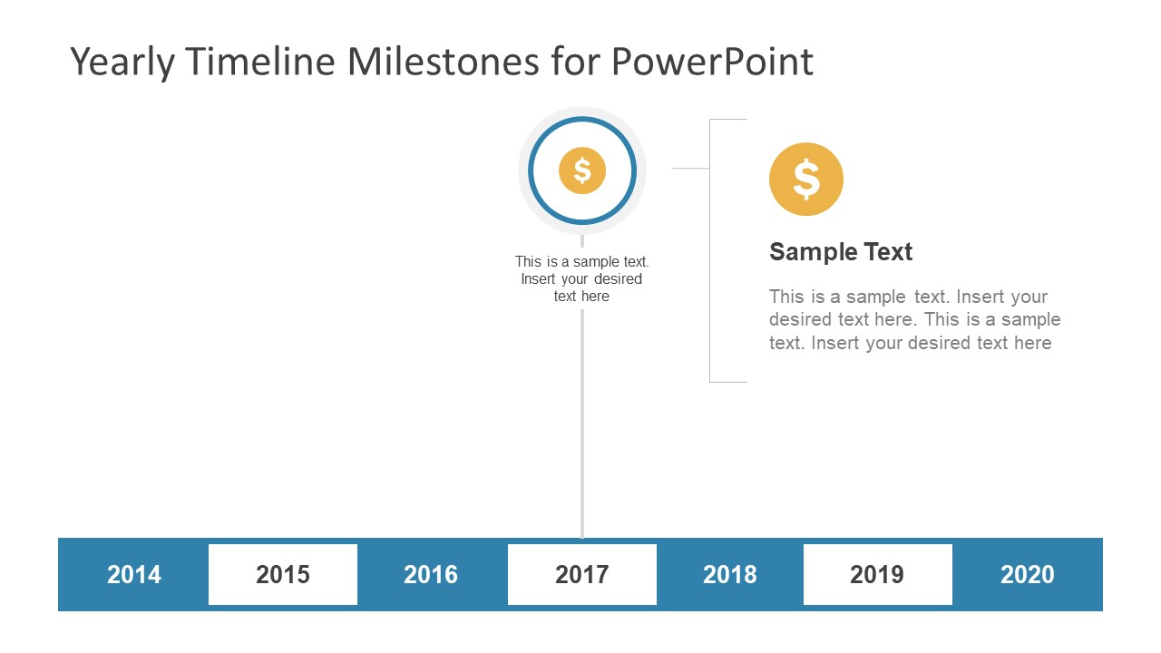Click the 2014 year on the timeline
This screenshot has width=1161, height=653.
(x=134, y=574)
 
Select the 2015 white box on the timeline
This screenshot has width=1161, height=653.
(x=283, y=574)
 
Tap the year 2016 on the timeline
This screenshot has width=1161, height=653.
(x=431, y=574)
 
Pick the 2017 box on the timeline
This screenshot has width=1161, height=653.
(x=581, y=574)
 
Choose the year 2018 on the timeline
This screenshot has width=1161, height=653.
(x=730, y=574)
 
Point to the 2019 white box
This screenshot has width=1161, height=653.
(x=877, y=574)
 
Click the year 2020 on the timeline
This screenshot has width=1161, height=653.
(x=1028, y=574)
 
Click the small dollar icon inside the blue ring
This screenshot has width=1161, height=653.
(x=582, y=171)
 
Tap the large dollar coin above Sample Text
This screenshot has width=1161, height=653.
(x=806, y=179)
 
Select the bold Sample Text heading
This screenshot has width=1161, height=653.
(x=841, y=252)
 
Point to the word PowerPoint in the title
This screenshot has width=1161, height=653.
(x=712, y=63)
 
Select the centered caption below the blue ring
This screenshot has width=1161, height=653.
(x=582, y=279)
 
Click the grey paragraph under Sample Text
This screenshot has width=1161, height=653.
(x=914, y=320)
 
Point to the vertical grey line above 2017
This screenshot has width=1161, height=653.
(x=582, y=426)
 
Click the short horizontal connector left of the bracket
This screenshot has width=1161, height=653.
(x=690, y=169)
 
